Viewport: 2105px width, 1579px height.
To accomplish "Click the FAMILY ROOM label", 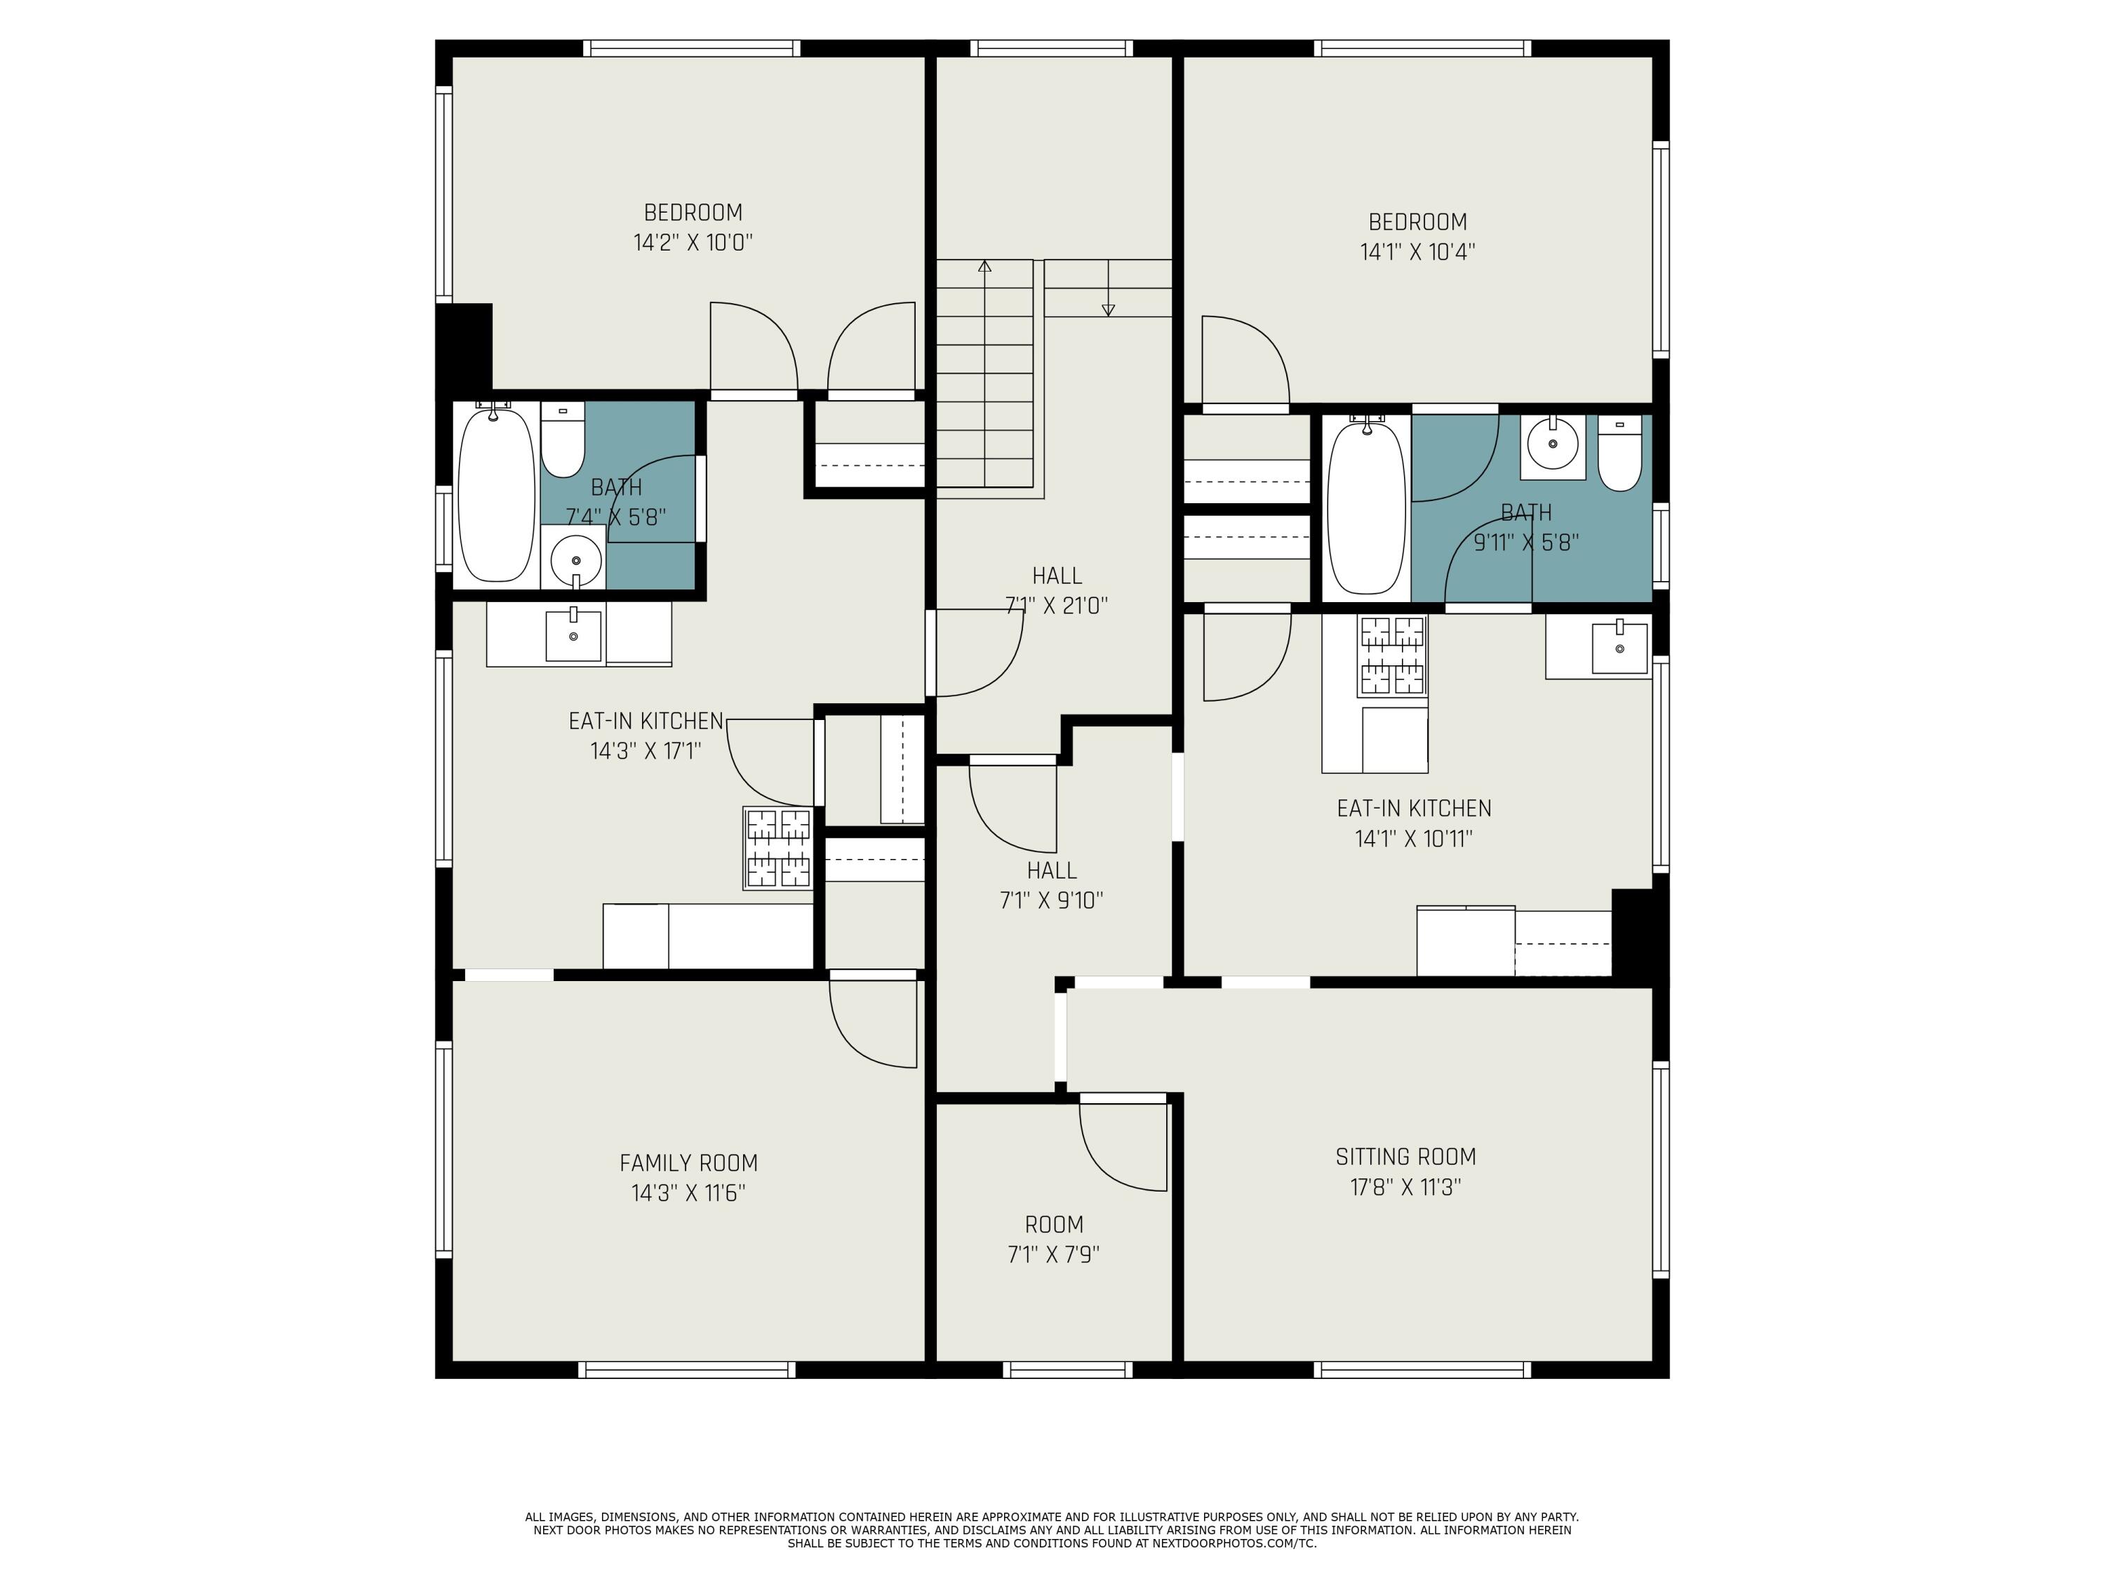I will click(x=688, y=1162).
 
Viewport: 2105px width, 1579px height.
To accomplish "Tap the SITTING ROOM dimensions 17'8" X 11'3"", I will click(x=1405, y=1187).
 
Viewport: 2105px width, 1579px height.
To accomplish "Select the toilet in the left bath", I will click(x=563, y=440).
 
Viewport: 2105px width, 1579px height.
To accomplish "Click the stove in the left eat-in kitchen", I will click(x=778, y=848).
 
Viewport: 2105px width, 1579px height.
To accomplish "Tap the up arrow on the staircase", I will click(x=985, y=267).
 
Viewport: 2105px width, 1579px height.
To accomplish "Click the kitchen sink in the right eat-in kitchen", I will click(x=1619, y=648).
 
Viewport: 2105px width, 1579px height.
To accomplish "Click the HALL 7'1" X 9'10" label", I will click(x=1052, y=885).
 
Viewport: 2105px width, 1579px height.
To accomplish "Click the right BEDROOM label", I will click(x=1417, y=222).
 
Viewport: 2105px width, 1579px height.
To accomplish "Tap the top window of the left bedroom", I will click(x=691, y=48).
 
